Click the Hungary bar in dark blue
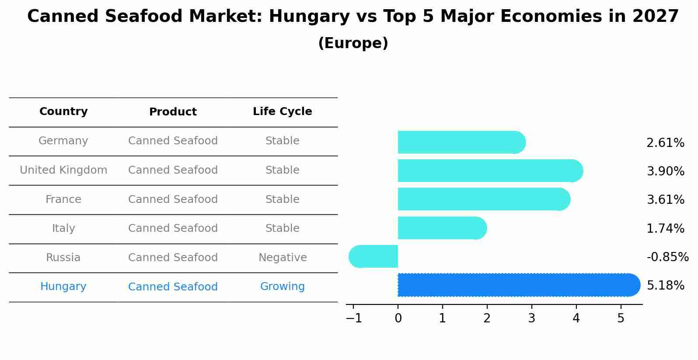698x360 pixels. click(x=518, y=285)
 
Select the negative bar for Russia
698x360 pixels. click(x=374, y=256)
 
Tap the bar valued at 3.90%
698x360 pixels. click(x=490, y=171)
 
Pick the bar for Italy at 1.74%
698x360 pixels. click(x=442, y=228)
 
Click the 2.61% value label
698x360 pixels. click(x=665, y=143)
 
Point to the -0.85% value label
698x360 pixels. click(x=667, y=257)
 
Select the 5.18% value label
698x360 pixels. click(x=665, y=286)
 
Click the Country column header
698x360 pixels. click(x=63, y=112)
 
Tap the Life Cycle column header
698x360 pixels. click(x=282, y=112)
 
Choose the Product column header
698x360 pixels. click(x=173, y=112)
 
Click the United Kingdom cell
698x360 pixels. click(x=63, y=170)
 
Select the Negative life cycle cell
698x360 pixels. click(x=283, y=258)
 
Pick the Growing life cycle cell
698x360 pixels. click(x=282, y=287)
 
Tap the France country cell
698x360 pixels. click(x=63, y=199)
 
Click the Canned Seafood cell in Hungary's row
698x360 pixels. click(x=173, y=287)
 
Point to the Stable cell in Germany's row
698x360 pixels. click(x=282, y=141)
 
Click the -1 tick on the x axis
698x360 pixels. click(x=354, y=318)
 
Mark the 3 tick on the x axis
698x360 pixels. click(x=531, y=318)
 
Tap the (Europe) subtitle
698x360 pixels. click(x=353, y=43)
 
